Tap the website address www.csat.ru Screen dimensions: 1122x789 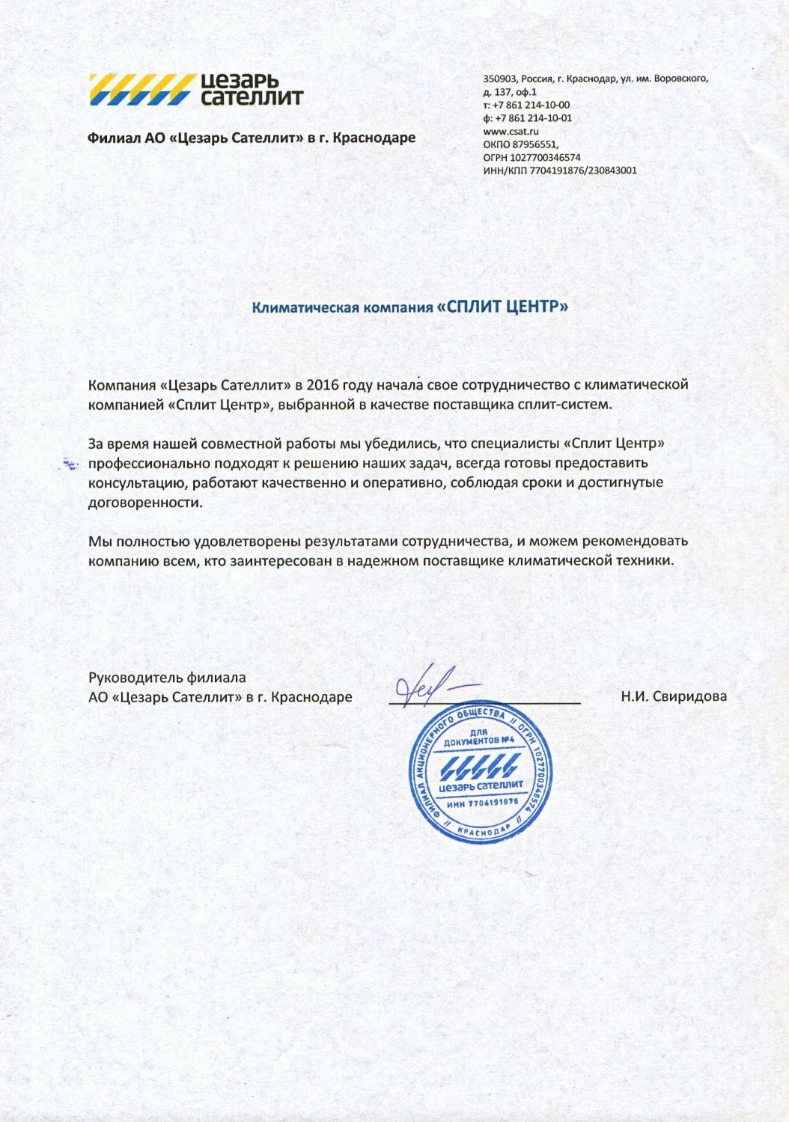click(511, 132)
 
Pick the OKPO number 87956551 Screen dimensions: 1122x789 click(534, 144)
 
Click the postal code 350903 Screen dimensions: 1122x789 click(499, 79)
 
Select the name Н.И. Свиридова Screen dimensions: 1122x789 click(674, 697)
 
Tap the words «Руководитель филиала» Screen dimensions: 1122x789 click(167, 678)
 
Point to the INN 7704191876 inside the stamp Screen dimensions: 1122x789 click(482, 803)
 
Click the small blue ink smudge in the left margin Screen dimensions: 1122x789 click(70, 465)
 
